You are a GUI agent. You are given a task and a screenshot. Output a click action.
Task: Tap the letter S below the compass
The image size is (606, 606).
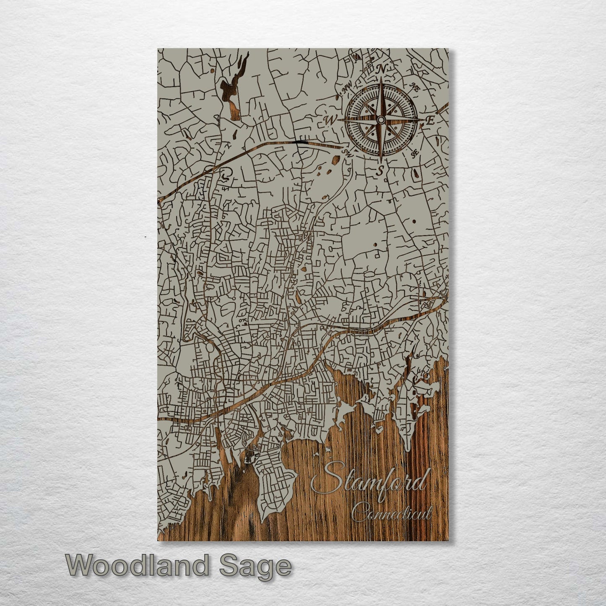(380, 170)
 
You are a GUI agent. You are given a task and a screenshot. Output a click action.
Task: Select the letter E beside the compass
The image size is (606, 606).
(429, 120)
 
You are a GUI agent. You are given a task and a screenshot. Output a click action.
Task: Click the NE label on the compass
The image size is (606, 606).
(415, 88)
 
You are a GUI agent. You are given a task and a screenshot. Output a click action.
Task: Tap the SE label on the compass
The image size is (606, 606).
(415, 153)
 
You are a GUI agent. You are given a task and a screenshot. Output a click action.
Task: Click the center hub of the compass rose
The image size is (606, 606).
(380, 120)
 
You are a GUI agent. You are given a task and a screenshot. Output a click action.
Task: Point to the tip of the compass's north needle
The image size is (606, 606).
(381, 78)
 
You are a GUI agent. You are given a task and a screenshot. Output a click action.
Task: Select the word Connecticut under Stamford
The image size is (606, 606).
(391, 512)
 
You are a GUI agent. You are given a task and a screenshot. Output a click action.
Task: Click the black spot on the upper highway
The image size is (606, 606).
(300, 143)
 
